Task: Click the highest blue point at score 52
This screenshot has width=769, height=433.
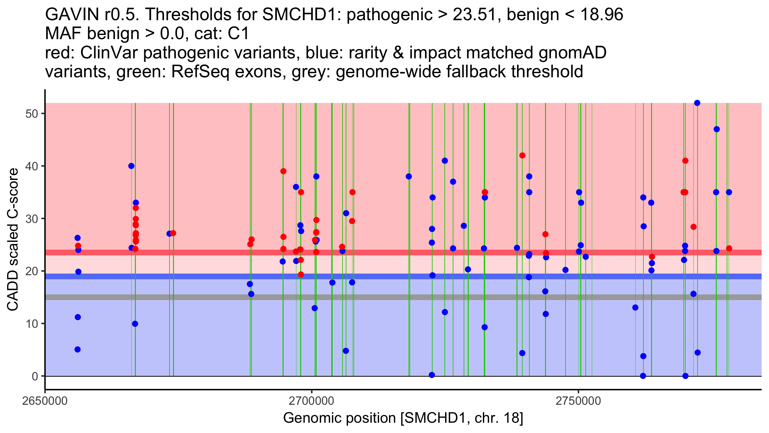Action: (697, 103)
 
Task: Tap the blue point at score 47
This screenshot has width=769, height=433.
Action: (717, 129)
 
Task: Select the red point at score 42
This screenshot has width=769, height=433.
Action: (522, 156)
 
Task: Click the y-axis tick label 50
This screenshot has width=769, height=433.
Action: (31, 114)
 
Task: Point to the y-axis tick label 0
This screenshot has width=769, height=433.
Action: (35, 376)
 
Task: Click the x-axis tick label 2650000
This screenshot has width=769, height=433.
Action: (45, 401)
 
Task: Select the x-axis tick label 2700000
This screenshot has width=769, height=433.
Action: (311, 401)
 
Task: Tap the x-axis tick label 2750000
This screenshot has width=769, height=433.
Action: (578, 401)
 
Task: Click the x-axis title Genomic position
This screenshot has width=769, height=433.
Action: (403, 418)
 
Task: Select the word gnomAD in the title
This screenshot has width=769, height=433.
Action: (572, 53)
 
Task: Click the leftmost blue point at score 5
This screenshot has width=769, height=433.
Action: (78, 349)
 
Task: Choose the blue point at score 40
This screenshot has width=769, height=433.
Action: (131, 166)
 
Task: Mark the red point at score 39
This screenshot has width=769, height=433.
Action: (283, 171)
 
